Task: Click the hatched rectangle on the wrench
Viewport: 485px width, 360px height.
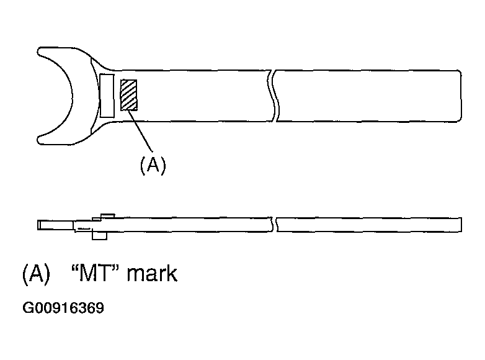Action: [129, 95]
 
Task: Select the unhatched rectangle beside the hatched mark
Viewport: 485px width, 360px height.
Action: [107, 96]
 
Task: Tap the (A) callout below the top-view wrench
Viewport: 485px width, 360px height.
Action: [153, 165]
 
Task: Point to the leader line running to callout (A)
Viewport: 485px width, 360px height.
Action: [140, 130]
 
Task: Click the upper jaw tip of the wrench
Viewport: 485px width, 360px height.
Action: [38, 52]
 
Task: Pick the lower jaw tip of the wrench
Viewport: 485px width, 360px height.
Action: [39, 140]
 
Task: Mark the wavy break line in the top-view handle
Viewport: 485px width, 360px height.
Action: [273, 96]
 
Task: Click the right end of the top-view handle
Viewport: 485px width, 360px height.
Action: [461, 96]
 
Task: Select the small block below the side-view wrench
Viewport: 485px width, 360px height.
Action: [99, 236]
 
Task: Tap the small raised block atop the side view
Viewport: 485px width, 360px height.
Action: [108, 216]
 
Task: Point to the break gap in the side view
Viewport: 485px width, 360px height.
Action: [274, 225]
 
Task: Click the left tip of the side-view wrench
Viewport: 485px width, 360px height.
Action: [38, 225]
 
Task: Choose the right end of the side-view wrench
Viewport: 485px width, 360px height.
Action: [461, 225]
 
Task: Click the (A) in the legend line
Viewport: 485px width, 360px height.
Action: [36, 274]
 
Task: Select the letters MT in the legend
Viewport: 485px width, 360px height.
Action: [94, 272]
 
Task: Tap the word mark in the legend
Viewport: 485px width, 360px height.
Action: [152, 272]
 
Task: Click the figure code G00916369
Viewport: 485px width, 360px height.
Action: [63, 308]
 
